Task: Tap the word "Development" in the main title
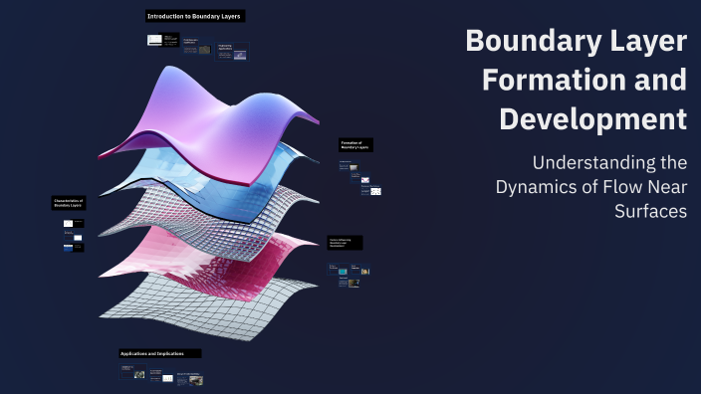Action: (592, 117)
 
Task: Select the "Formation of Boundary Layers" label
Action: (354, 145)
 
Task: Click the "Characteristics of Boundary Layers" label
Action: (69, 203)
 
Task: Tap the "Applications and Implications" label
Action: (159, 353)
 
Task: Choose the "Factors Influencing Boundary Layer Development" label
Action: (345, 242)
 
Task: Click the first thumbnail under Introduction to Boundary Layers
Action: (154, 40)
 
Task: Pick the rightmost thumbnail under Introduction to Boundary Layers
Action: (239, 55)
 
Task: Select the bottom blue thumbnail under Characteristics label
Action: (69, 248)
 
